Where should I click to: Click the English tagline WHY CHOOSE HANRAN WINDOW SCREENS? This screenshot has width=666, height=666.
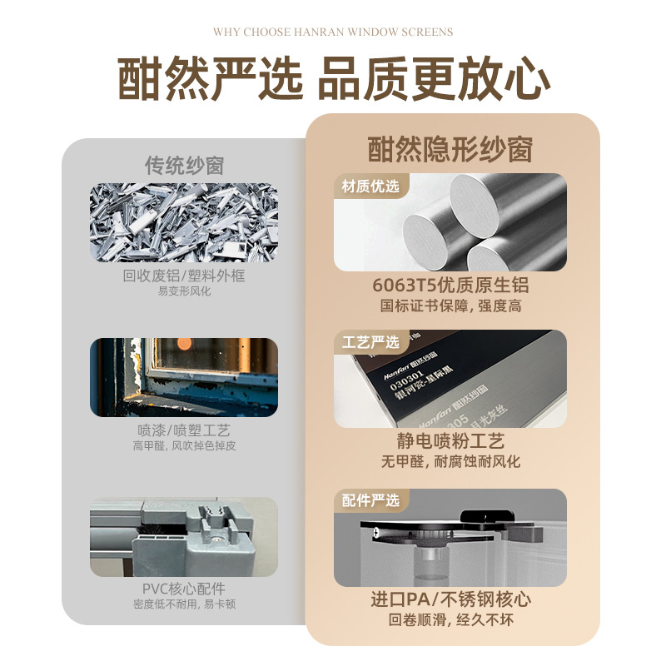[333, 32]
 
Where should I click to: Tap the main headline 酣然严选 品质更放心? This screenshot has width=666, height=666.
[333, 80]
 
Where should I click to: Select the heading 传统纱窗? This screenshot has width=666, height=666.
[184, 165]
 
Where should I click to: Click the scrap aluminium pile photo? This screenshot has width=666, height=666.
[184, 221]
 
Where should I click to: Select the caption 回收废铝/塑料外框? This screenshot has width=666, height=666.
[184, 276]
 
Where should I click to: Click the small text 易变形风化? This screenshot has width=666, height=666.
[184, 291]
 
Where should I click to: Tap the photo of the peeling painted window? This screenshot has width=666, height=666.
[184, 376]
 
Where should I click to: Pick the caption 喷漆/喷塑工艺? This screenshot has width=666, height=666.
[184, 430]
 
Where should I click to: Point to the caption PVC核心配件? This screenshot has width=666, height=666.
[184, 589]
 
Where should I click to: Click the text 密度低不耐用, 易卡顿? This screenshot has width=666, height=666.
[184, 604]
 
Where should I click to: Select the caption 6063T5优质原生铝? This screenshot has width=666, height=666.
[450, 286]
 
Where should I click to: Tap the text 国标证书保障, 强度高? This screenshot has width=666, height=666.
[450, 306]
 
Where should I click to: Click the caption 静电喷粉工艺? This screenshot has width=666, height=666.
[450, 441]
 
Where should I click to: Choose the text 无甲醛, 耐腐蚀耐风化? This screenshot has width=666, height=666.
[450, 462]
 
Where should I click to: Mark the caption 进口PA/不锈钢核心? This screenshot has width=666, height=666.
[450, 599]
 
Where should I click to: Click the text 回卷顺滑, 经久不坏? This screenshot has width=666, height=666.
[450, 620]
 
